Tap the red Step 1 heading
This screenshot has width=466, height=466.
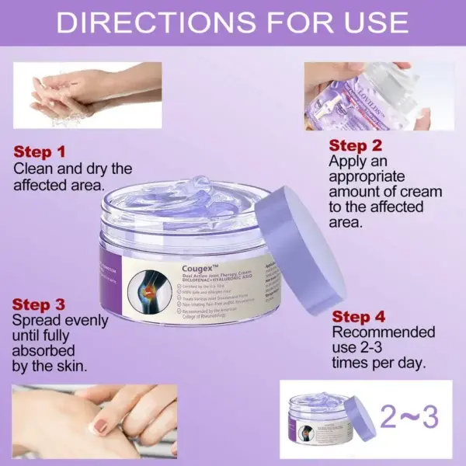click(x=40, y=152)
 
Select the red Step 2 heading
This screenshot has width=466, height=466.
click(x=356, y=145)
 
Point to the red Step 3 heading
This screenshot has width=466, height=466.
click(x=40, y=304)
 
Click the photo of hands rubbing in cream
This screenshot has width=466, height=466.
click(x=93, y=419)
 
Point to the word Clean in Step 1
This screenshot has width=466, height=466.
click(x=33, y=169)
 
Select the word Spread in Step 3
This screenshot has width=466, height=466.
click(x=36, y=320)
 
